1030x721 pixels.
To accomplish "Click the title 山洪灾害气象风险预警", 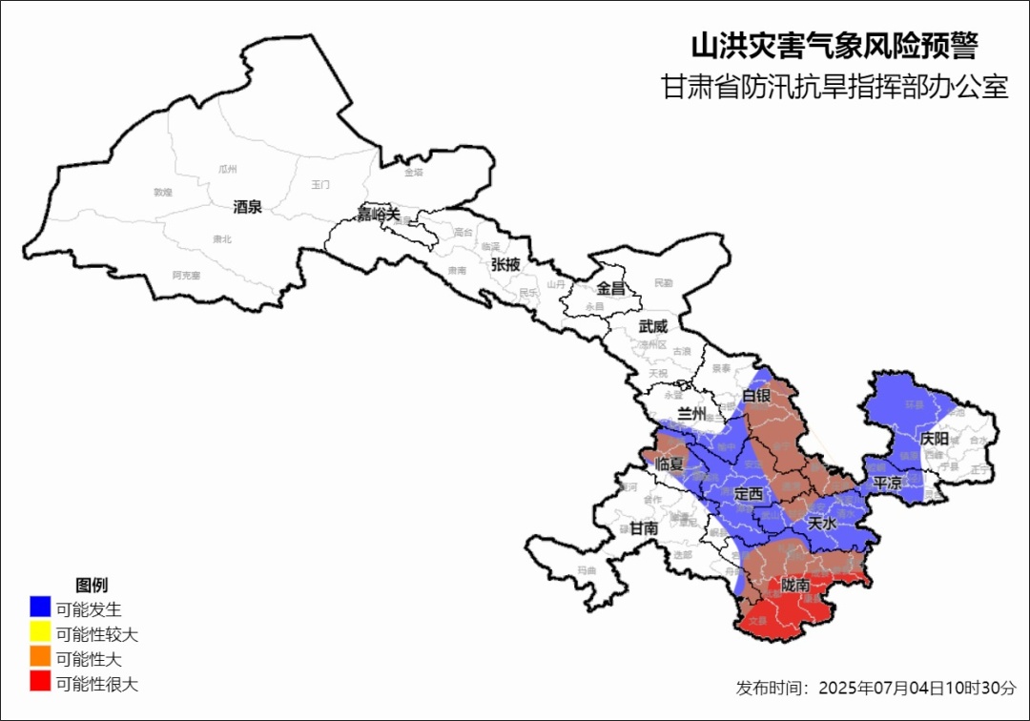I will (x=834, y=46).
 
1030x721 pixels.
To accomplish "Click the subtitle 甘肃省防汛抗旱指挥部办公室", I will (x=834, y=88).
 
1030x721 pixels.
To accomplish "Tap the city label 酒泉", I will (x=247, y=207).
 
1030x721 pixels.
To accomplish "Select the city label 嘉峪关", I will (x=379, y=214).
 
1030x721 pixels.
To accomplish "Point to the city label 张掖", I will (x=505, y=264).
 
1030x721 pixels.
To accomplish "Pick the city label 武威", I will (x=654, y=326).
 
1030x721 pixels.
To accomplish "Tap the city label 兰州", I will (x=690, y=414).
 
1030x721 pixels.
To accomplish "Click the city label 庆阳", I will (x=935, y=439).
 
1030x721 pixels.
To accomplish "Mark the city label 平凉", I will (x=887, y=484).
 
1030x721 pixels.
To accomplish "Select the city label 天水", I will (x=821, y=524).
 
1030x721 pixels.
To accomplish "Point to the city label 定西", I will (x=749, y=493).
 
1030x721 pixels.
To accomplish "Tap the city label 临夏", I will (x=671, y=463).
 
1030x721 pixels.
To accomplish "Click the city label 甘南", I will (x=644, y=527).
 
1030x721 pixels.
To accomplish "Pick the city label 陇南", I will (x=794, y=584).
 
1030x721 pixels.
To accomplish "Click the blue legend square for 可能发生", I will (x=40, y=607).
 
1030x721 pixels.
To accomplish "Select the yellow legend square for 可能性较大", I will (x=40, y=632).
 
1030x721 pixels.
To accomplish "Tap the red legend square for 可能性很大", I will (x=40, y=682).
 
